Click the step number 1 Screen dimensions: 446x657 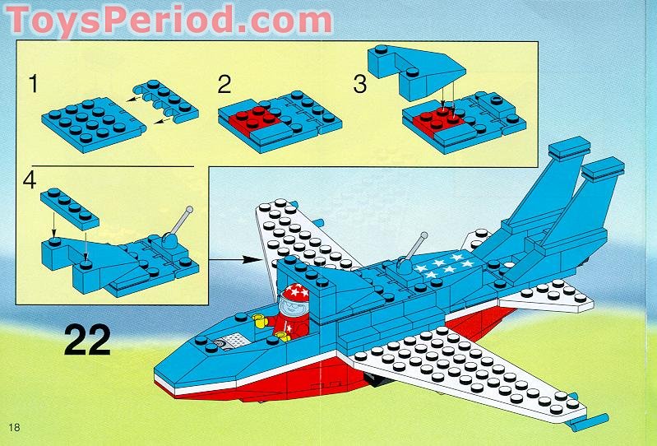pyautogui.click(x=34, y=83)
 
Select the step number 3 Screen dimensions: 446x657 pyautogui.click(x=359, y=83)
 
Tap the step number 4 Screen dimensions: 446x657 pyautogui.click(x=31, y=180)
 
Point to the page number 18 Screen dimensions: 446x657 pyautogui.click(x=14, y=426)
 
